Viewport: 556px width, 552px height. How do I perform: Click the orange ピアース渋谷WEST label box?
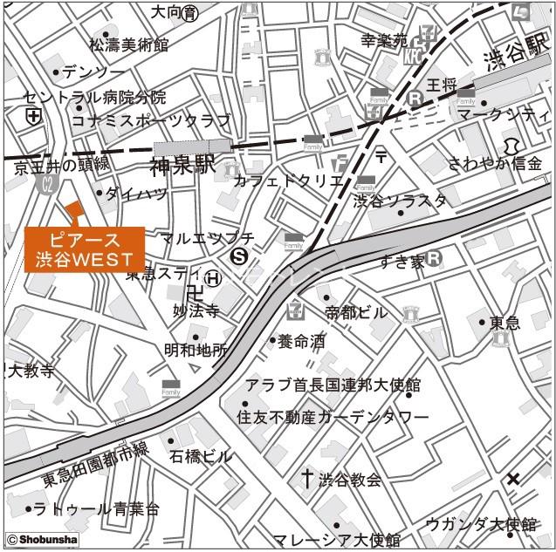(84, 249)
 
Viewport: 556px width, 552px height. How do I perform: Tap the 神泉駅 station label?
(182, 166)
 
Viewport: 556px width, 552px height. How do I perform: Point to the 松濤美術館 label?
(129, 44)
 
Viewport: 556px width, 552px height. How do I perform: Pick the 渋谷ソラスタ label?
(400, 201)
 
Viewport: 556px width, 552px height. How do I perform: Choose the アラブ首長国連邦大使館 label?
(333, 385)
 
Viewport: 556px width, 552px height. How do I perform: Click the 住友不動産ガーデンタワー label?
(333, 417)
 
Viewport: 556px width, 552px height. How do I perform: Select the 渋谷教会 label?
(350, 480)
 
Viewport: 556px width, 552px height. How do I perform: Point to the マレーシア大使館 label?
(336, 541)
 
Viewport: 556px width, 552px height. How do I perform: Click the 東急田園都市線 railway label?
(97, 466)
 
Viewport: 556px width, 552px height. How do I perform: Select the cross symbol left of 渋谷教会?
(307, 478)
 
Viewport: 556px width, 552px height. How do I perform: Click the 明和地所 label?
(196, 351)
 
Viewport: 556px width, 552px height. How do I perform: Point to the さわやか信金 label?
(495, 163)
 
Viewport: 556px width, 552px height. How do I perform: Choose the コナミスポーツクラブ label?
(150, 120)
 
